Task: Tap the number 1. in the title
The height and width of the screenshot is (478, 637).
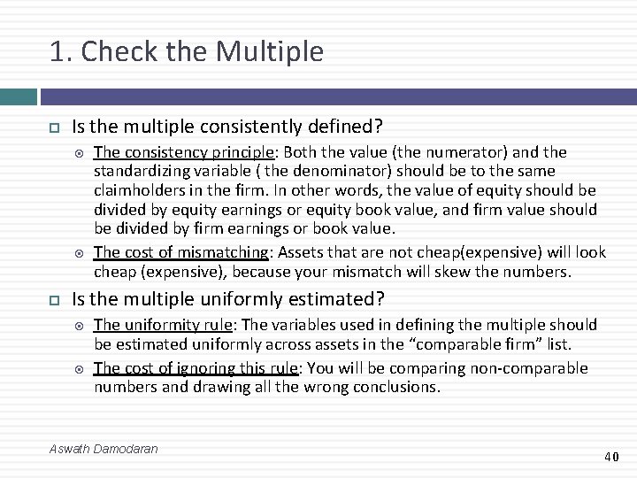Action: (61, 51)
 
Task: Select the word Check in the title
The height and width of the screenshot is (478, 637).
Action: (111, 51)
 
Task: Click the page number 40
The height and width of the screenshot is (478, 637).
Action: (611, 457)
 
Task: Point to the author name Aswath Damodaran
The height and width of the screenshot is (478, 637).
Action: (104, 449)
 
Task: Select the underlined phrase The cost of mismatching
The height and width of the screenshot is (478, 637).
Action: (180, 252)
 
